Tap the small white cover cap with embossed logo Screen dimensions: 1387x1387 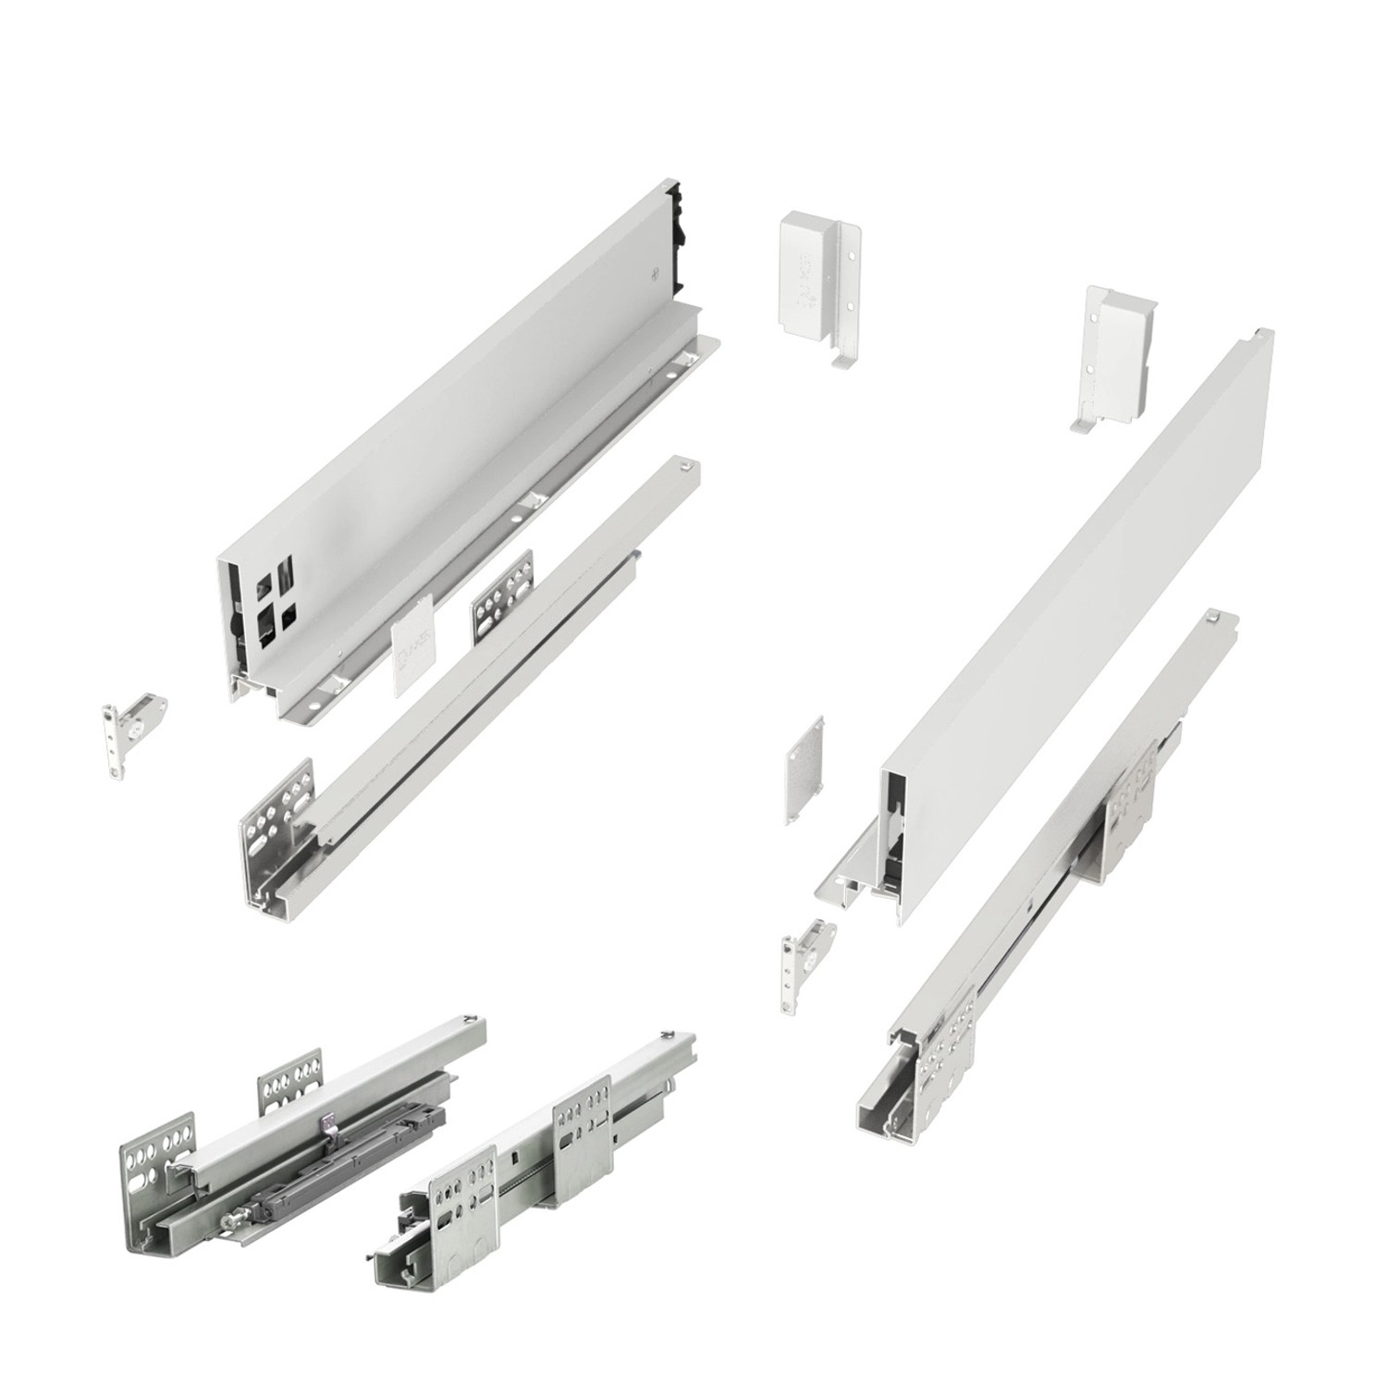(411, 656)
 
